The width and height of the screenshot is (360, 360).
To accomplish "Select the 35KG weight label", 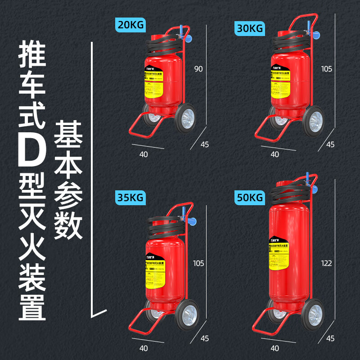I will click(x=130, y=197).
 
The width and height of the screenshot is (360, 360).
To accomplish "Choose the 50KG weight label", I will click(x=249, y=198).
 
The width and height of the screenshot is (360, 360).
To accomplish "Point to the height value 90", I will click(x=198, y=69).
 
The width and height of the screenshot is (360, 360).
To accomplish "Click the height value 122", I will click(x=326, y=263).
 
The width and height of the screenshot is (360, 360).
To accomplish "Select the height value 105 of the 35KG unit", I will click(x=198, y=263).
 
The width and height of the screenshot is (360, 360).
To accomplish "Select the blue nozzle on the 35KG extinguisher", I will click(x=193, y=221).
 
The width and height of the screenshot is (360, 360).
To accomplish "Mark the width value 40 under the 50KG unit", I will click(x=274, y=348).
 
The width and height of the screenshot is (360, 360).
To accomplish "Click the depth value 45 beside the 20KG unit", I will click(x=205, y=144).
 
